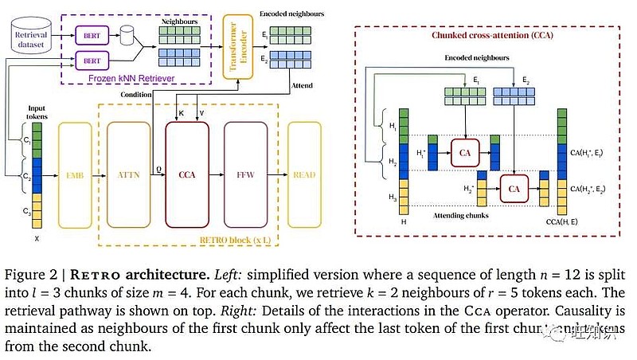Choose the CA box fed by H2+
coord(514,189)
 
